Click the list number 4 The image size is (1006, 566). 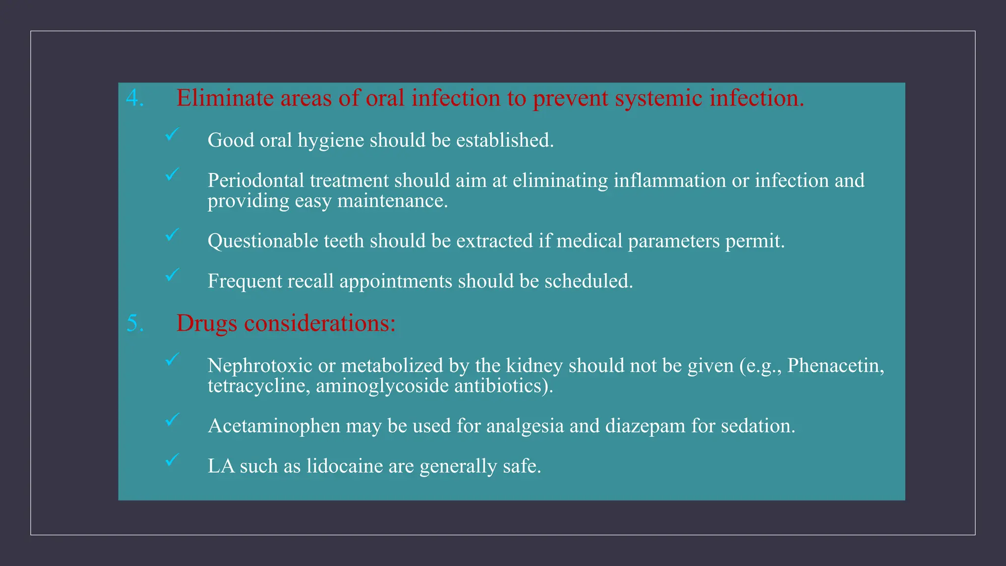(134, 98)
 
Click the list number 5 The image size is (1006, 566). (134, 323)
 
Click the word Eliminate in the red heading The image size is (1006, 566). (225, 98)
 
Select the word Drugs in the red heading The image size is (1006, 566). (207, 323)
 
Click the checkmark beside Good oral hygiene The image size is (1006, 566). (172, 134)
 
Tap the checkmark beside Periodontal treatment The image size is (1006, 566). (172, 174)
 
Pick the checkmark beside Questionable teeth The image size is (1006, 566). (172, 235)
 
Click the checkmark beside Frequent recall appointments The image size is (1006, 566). (172, 275)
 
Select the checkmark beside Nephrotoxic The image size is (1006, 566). (172, 360)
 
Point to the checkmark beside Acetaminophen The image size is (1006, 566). (172, 420)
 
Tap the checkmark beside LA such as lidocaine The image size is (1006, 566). (172, 460)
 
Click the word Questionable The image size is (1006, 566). (263, 241)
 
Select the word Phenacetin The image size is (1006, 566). (834, 366)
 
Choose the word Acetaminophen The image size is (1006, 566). (274, 426)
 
